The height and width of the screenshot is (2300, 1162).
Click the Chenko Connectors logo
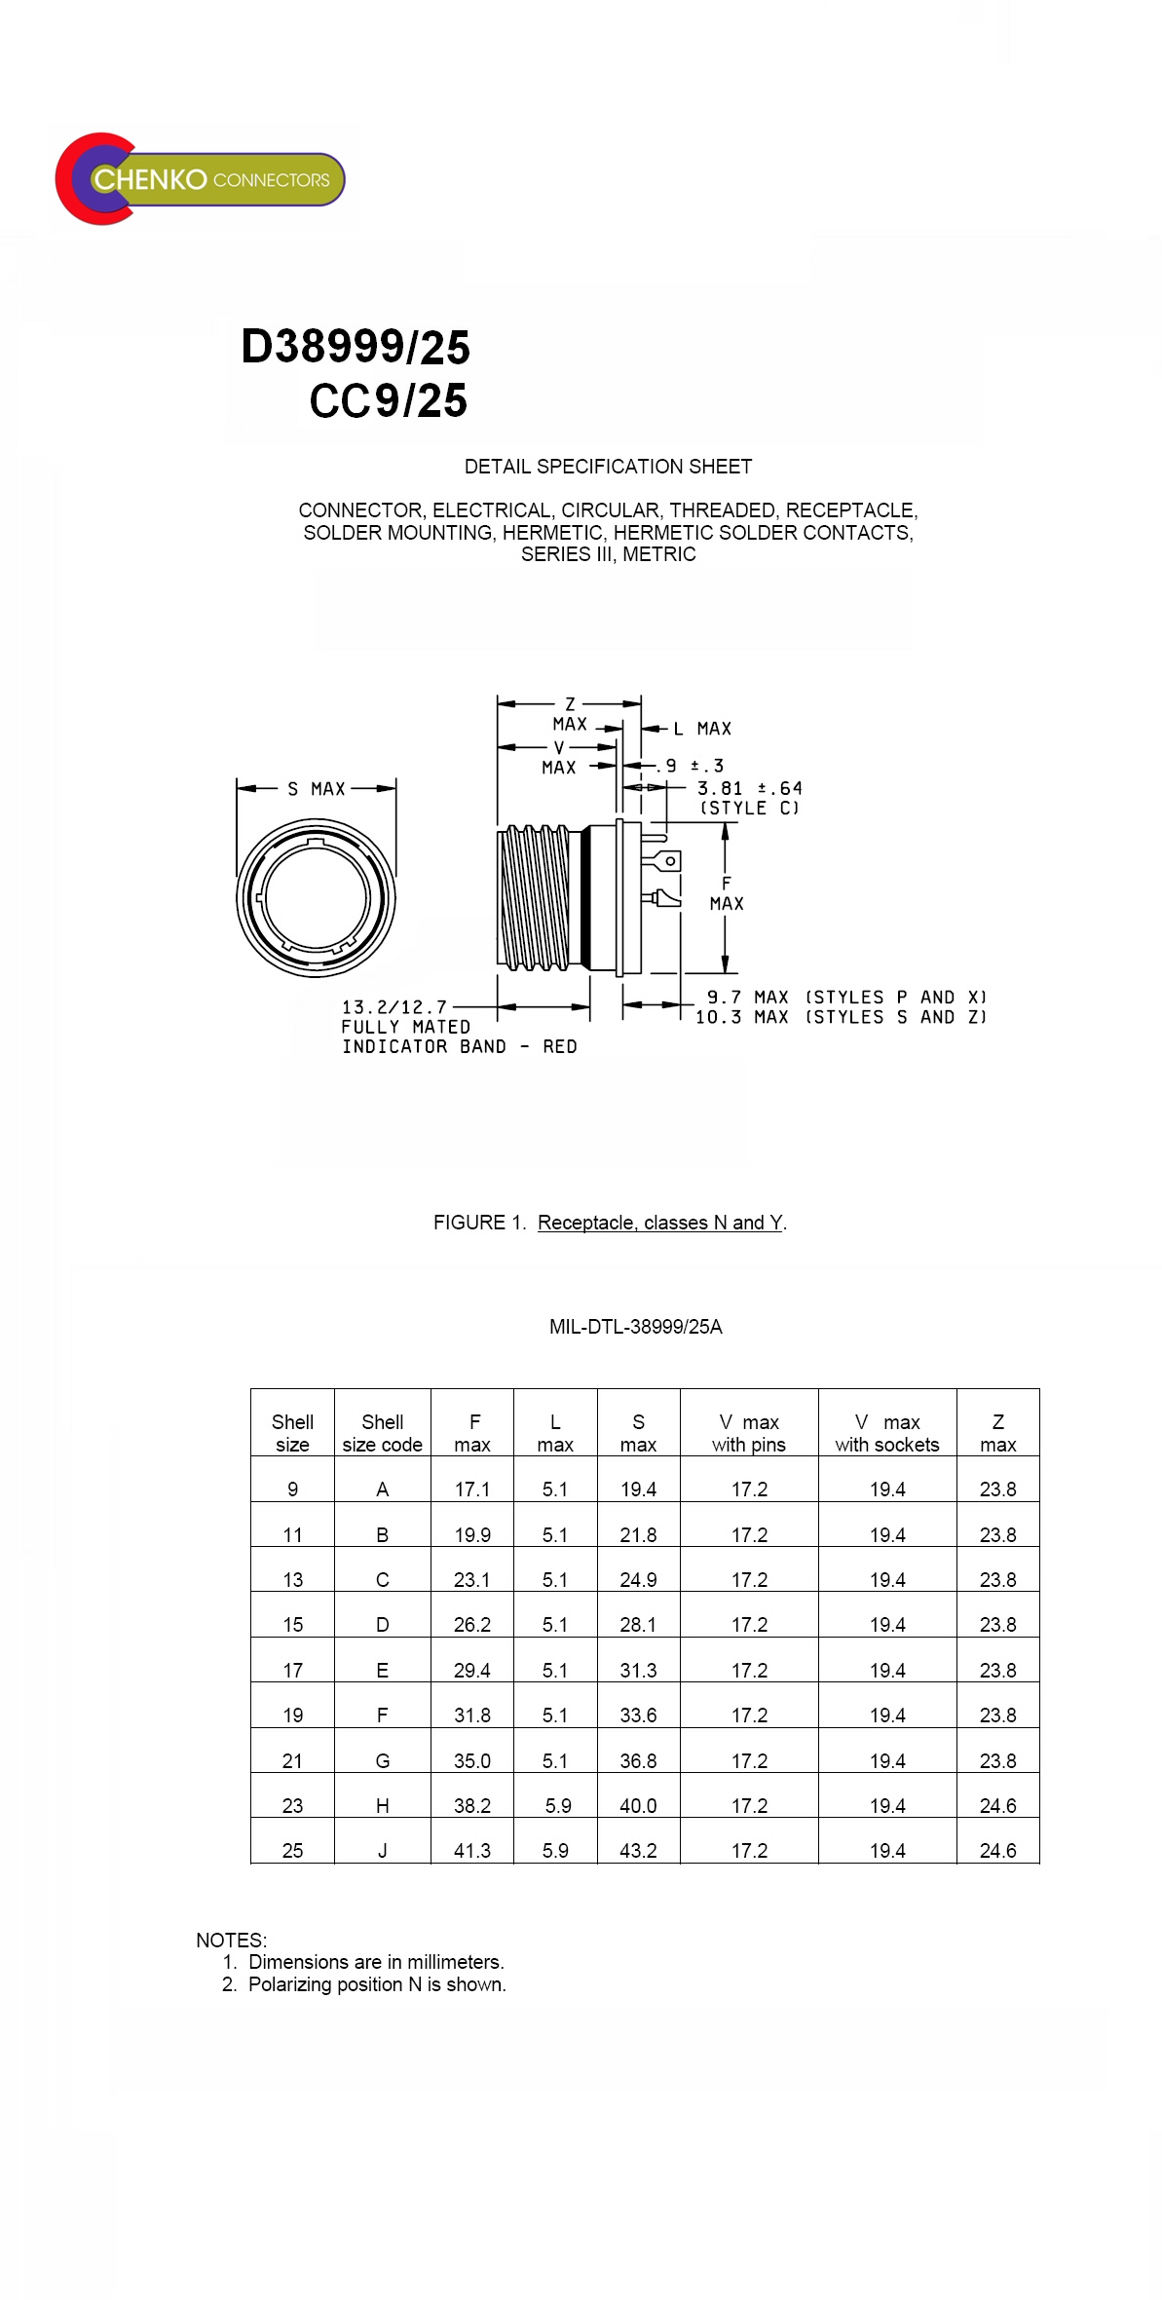[x=200, y=179]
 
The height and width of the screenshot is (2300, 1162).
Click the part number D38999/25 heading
[x=356, y=347]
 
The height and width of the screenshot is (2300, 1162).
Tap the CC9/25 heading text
[x=388, y=400]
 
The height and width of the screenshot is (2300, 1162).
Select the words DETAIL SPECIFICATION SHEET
[x=608, y=467]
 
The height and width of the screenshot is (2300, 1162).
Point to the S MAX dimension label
[x=317, y=789]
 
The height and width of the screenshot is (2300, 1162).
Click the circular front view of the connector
[x=316, y=897]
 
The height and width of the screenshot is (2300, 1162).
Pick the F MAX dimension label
[x=727, y=893]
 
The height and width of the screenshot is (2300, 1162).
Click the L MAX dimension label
[x=702, y=729]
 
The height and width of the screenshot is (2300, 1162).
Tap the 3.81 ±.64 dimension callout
[x=749, y=788]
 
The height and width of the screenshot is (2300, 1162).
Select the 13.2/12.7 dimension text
[x=394, y=1007]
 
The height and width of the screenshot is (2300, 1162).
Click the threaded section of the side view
[x=534, y=897]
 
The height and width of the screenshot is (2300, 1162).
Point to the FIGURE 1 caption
[x=610, y=1223]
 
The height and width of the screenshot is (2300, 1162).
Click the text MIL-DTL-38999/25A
[x=635, y=1327]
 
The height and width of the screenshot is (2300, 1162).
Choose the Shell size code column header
[x=382, y=1433]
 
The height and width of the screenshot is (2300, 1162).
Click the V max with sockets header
[x=886, y=1433]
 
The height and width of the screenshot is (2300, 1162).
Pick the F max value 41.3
[x=472, y=1851]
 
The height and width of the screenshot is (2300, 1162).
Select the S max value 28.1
[x=638, y=1625]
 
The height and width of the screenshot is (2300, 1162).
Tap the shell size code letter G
[x=383, y=1761]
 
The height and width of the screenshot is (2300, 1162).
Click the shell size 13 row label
[x=292, y=1580]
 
